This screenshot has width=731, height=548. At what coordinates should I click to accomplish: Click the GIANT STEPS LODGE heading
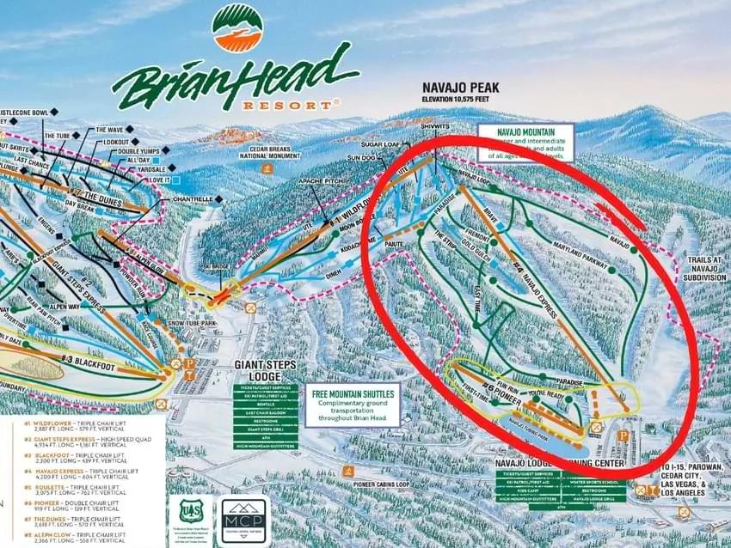coord(265,370)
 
